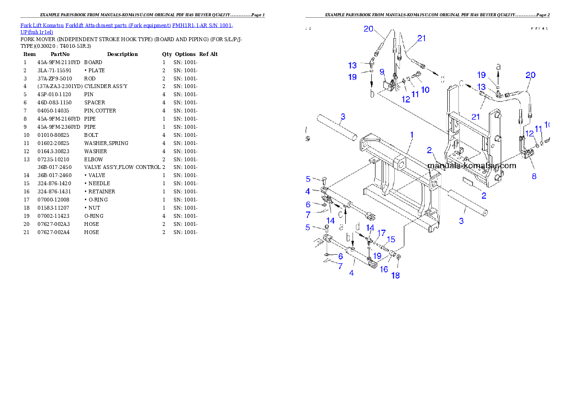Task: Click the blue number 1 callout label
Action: [411, 135]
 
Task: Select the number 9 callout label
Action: [382, 72]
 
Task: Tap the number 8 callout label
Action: [534, 176]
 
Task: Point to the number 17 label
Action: [381, 233]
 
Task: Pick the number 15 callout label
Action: [391, 239]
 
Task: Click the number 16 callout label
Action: [384, 269]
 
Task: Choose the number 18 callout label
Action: [395, 275]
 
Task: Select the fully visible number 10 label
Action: [424, 90]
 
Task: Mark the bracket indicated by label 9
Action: [390, 87]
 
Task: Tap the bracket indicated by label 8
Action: [527, 154]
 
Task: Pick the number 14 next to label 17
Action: [370, 227]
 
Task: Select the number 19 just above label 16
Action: [377, 256]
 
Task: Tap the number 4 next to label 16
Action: [352, 273]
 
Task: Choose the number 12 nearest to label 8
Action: [529, 133]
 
